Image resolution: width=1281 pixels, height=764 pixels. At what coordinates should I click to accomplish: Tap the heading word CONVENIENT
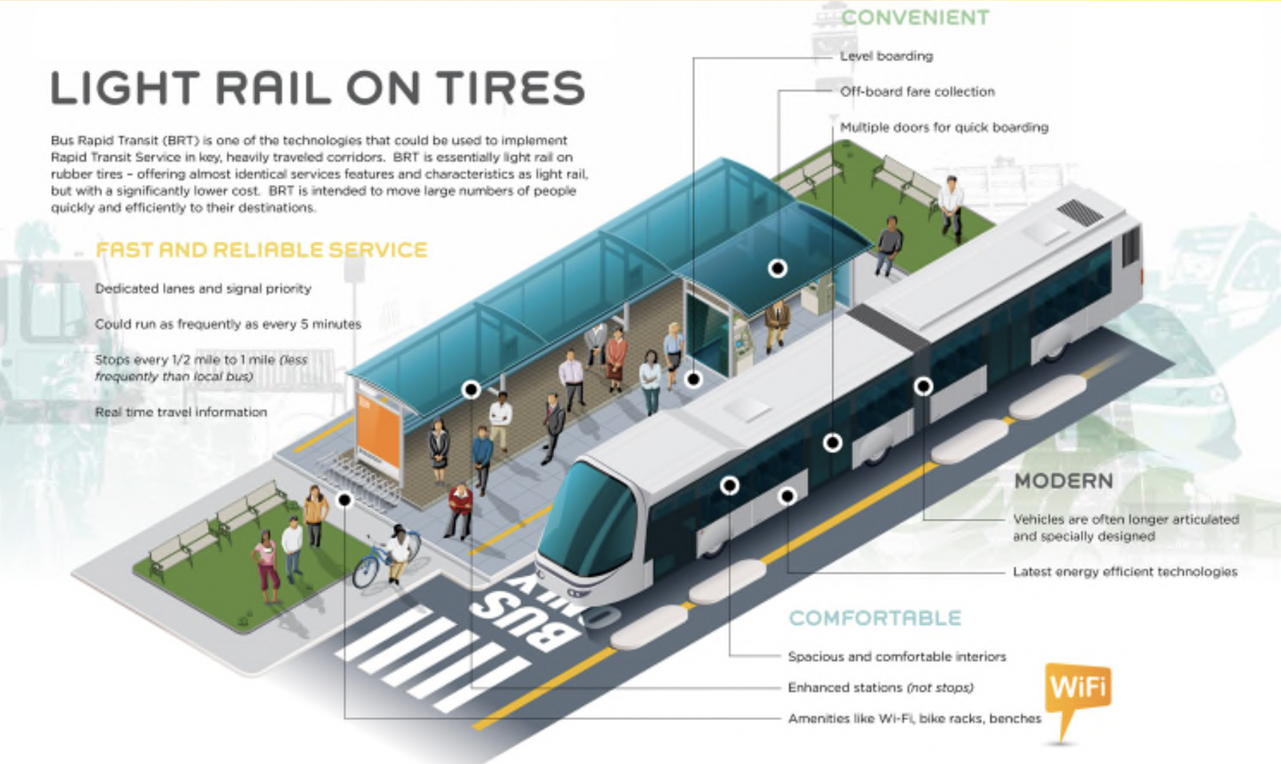915,17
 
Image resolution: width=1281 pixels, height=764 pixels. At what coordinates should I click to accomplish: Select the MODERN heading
1063,481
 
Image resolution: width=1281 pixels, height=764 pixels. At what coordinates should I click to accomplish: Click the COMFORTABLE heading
875,618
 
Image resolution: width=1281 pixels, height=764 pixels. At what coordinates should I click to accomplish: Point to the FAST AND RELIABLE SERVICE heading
261,250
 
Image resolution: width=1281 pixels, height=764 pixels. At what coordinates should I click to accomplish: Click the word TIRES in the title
510,89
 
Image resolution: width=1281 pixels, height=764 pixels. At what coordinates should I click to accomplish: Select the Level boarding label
886,56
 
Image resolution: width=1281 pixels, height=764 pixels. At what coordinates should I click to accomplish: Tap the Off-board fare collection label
917,91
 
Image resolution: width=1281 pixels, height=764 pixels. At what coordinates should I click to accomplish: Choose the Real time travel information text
181,412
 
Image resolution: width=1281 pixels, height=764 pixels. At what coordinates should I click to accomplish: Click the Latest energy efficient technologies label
1124,572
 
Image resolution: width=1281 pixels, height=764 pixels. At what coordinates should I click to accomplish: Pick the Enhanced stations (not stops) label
880,687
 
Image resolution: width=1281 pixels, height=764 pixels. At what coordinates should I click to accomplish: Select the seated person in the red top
460,507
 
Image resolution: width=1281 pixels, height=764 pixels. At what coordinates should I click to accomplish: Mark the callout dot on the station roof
778,268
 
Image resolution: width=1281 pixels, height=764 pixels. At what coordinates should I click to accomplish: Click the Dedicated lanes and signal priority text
203,288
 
